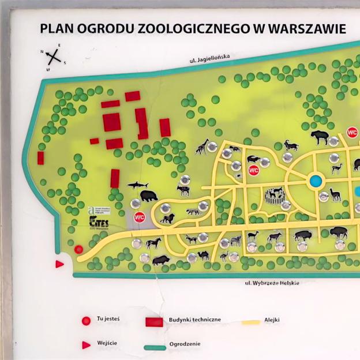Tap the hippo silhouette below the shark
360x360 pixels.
(x=148, y=196)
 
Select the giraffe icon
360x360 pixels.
(x=202, y=147)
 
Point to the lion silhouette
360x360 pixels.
(x=167, y=219)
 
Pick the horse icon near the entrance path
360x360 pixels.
(x=153, y=243)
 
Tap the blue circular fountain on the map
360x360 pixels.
(x=316, y=181)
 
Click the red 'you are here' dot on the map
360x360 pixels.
(x=79, y=250)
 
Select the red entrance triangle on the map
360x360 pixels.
(x=59, y=264)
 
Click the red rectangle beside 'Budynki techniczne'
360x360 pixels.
(x=153, y=321)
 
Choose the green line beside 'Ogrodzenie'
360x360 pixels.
(x=154, y=347)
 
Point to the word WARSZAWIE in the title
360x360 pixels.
(x=305, y=29)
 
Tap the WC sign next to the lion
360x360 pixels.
(x=139, y=217)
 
